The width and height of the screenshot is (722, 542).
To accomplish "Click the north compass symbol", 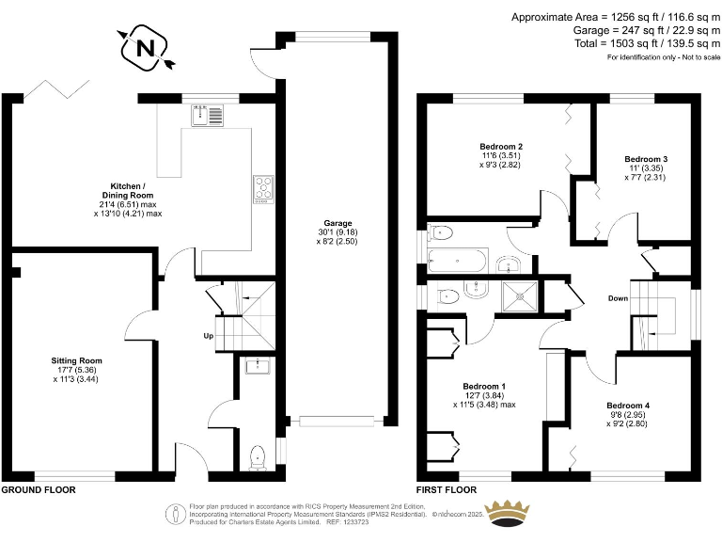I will click(x=143, y=47).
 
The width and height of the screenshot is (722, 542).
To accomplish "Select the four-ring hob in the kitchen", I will click(x=261, y=188).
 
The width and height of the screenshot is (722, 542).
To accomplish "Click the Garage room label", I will click(x=338, y=223).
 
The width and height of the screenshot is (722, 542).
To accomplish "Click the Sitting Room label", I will click(x=76, y=360).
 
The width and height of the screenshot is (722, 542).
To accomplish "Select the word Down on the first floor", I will click(x=617, y=298).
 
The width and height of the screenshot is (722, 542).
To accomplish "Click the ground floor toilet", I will click(x=258, y=458).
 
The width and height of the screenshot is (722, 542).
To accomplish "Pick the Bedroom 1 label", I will click(x=484, y=387).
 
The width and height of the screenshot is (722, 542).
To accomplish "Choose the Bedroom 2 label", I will click(x=501, y=147).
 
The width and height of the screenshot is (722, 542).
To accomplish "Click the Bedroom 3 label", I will click(x=646, y=158).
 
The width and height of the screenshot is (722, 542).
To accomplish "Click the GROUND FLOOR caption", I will click(x=38, y=490).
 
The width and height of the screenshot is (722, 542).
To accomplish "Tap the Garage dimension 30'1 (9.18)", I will click(x=338, y=232).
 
